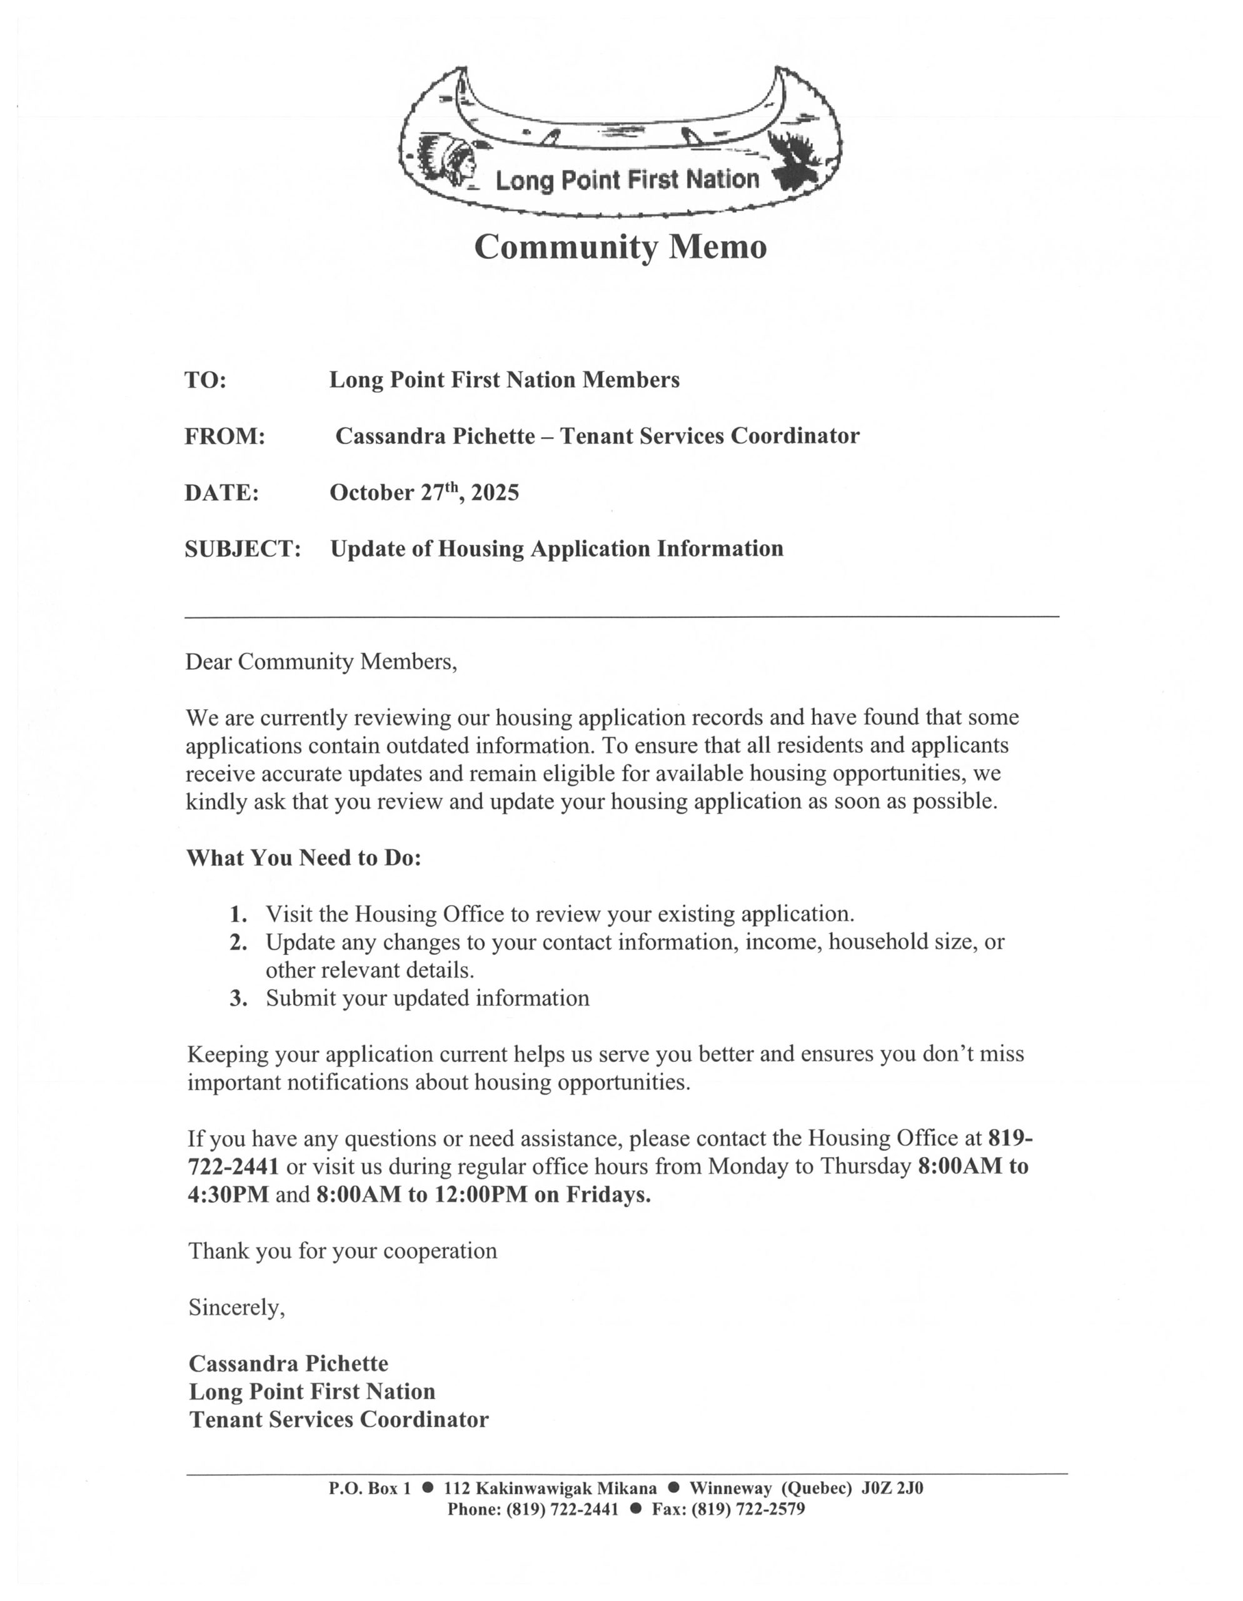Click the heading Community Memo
[x=620, y=247]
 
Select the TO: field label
[x=205, y=380]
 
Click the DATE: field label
[x=221, y=493]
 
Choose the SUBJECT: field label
[x=243, y=549]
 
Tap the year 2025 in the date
[x=495, y=493]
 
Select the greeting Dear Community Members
[x=321, y=662]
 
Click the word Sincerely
[x=236, y=1308]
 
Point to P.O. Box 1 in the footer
[x=370, y=1488]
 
